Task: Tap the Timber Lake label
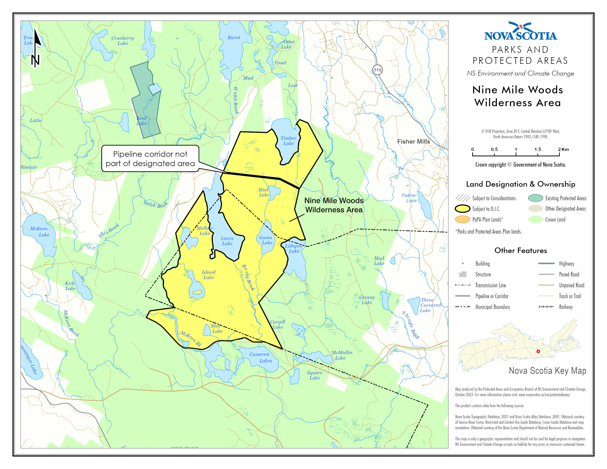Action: coord(288,141)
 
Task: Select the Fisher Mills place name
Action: coord(413,141)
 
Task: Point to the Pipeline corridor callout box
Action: coord(150,158)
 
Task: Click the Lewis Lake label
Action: coord(227,241)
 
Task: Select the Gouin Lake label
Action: coord(266,240)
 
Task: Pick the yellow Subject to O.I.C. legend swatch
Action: coord(462,209)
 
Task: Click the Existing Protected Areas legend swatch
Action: coord(535,198)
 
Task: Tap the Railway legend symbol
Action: coord(546,307)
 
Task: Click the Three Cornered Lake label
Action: coord(430,305)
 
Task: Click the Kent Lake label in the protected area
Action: coord(141,121)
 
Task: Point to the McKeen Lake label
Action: coord(40,231)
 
